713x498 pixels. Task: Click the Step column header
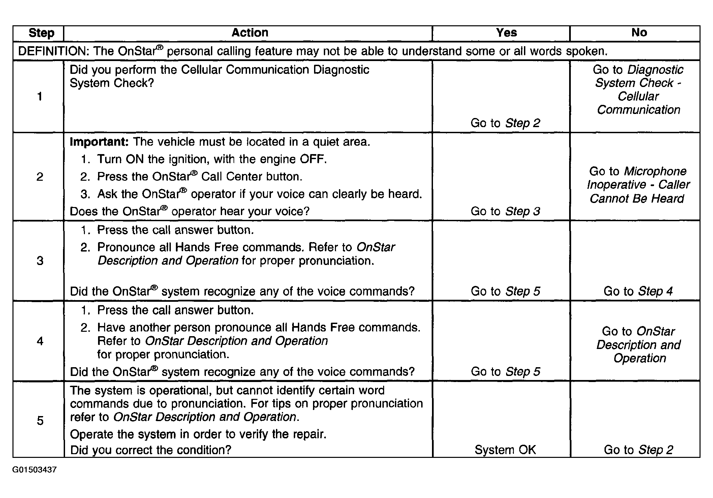click(x=41, y=33)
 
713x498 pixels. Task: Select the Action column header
click(x=250, y=33)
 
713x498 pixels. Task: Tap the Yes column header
click(x=506, y=33)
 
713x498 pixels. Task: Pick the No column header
click(x=639, y=33)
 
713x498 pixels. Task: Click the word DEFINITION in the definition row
click(x=54, y=51)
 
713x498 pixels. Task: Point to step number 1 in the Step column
click(x=40, y=96)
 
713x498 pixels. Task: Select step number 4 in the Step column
click(x=40, y=341)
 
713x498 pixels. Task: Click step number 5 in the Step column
click(x=40, y=420)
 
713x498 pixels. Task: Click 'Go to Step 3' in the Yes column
click(x=505, y=211)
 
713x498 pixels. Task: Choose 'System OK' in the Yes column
click(x=505, y=450)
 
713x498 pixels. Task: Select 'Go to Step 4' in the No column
click(x=638, y=291)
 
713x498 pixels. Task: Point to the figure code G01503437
click(x=34, y=470)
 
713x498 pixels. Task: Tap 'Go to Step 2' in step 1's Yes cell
click(x=505, y=123)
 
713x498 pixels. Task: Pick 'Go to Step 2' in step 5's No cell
click(x=638, y=450)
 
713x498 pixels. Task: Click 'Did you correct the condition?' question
click(x=151, y=450)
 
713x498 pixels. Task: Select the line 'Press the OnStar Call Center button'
click(x=199, y=177)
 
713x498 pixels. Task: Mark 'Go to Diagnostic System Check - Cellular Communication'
click(x=638, y=90)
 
